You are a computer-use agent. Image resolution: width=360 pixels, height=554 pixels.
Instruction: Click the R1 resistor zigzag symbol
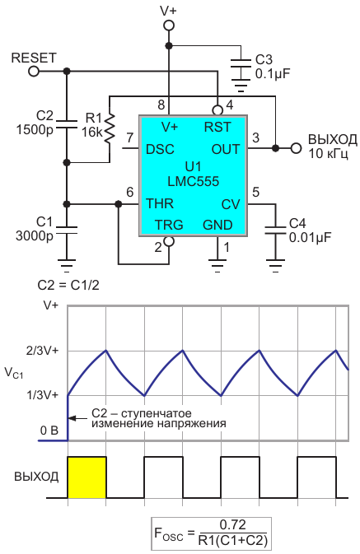pos(110,128)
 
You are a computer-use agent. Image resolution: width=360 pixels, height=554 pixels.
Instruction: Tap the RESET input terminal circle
pos(34,72)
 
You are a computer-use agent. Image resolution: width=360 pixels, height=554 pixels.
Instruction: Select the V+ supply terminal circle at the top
pos(169,26)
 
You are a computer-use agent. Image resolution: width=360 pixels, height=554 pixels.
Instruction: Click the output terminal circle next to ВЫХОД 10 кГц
pos(296,148)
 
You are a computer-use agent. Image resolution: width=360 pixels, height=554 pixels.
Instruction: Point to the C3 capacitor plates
pos(241,64)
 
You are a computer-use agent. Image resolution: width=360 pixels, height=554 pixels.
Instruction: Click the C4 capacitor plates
pos(275,230)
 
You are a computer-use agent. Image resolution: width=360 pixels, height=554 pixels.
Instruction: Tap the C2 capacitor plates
pos(66,124)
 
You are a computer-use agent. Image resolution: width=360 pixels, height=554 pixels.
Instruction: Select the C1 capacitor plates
pos(66,230)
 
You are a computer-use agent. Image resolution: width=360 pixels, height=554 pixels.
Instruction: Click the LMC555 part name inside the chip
pos(193,182)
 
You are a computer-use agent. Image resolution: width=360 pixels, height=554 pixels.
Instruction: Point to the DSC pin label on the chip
pos(160,149)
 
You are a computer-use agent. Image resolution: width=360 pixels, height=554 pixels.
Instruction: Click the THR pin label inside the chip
pos(160,204)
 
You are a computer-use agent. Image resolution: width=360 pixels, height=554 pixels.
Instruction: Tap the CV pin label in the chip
pos(231,205)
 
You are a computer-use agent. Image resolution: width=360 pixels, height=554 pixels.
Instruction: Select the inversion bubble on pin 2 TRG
pos(169,241)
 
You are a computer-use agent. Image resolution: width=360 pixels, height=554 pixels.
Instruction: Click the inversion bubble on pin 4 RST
pos(217,110)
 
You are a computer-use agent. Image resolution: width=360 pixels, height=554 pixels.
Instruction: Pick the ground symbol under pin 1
pos(217,266)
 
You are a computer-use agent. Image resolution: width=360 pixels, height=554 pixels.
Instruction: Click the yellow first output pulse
pos(86,477)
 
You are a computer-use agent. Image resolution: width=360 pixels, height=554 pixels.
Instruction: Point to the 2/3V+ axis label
pos(43,351)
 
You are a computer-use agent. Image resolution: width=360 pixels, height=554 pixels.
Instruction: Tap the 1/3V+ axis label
pos(43,394)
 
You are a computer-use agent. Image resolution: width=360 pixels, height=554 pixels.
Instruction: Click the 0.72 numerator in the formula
pos(232,525)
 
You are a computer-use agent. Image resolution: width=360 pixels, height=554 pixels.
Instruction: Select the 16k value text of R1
pos(92,133)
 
